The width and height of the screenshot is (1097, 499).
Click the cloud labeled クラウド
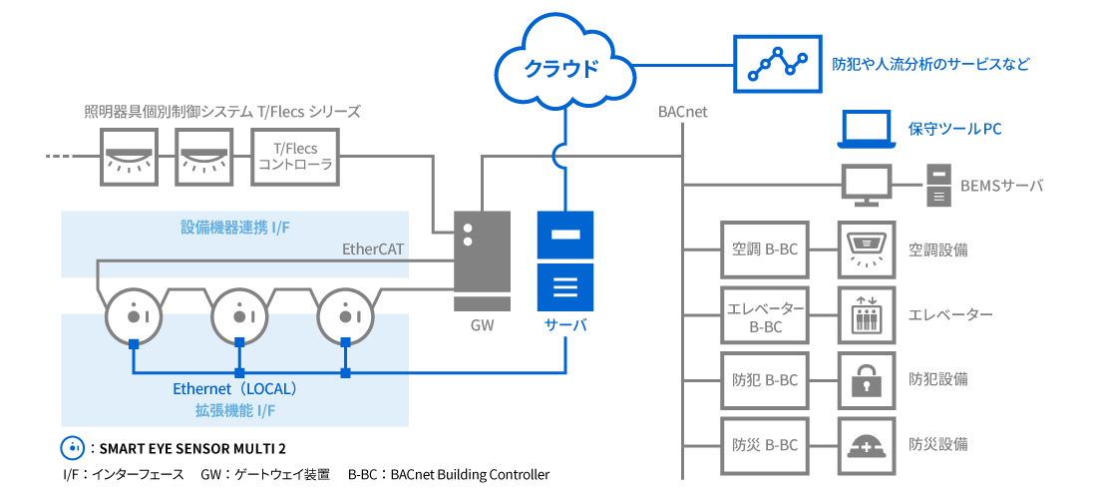pos(562,68)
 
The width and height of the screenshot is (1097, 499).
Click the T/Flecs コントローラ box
pos(294,157)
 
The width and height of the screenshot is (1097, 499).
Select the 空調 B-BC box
pos(763,249)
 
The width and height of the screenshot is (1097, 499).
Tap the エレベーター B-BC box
pos(763,314)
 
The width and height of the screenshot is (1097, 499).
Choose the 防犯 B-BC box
pos(763,379)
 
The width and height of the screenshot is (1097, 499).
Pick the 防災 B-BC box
pos(763,444)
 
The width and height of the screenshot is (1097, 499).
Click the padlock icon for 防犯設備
pos(865,379)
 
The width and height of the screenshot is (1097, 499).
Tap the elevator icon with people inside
pos(865,314)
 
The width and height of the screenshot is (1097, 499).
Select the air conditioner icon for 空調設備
pos(865,249)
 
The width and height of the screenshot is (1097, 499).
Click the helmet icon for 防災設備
pos(865,444)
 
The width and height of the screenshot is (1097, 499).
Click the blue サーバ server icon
pos(565,260)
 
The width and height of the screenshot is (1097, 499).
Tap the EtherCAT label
pos(374,248)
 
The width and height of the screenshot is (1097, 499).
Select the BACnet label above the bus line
pos(682,112)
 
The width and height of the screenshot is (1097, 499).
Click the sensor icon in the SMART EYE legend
pos(72,446)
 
